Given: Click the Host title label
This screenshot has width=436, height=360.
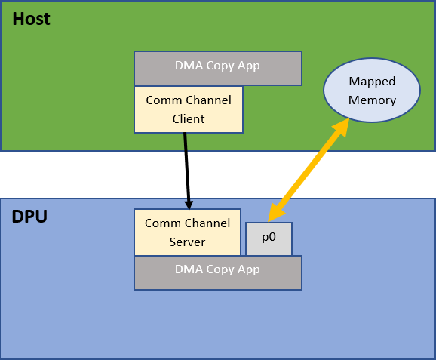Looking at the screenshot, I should (x=32, y=19).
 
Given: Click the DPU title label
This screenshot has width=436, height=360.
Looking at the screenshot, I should (x=29, y=217).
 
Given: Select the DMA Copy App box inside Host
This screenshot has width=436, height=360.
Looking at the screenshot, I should (x=217, y=67).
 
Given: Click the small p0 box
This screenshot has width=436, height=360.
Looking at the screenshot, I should (x=269, y=238).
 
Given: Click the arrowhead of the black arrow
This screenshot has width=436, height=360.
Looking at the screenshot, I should (x=189, y=203).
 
